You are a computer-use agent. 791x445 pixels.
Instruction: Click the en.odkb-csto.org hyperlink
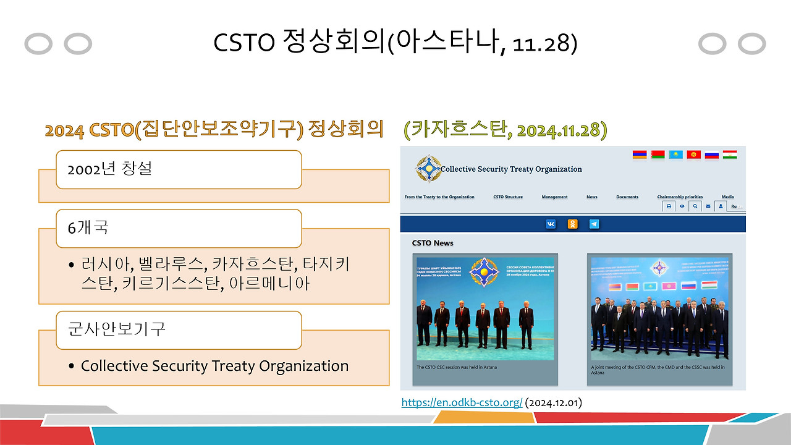point(462,403)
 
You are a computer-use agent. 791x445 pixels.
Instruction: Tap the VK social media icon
point(551,224)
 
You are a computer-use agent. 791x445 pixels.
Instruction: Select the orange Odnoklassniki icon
point(573,224)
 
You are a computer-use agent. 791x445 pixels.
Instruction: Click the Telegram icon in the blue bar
point(594,224)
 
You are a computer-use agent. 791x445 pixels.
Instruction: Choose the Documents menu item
point(627,197)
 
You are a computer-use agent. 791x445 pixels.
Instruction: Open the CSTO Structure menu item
point(508,197)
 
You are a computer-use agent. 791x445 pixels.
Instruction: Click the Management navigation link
point(554,197)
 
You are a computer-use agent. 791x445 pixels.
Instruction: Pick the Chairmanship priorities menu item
point(680,197)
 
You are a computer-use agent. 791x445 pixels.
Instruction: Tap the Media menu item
point(727,197)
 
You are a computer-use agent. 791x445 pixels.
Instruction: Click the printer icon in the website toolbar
point(669,206)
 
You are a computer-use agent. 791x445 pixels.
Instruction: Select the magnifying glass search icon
point(695,206)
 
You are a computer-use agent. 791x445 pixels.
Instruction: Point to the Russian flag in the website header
point(712,155)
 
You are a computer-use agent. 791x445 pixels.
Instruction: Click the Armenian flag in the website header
point(640,155)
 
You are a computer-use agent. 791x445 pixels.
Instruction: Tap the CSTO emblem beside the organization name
point(428,168)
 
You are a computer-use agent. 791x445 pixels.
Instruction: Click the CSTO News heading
point(433,243)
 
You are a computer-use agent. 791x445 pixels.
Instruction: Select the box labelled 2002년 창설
point(179,169)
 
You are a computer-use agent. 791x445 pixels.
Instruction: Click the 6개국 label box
point(179,228)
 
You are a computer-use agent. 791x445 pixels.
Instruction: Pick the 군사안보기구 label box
point(179,329)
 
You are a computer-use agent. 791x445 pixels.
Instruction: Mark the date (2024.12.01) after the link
point(553,403)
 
